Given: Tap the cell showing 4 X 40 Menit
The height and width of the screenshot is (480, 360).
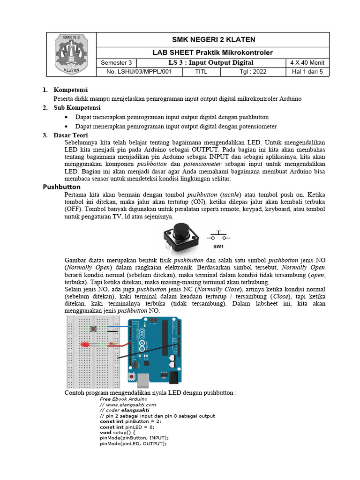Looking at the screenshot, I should point(307,63).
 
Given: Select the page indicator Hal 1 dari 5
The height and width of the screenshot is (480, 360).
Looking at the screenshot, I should point(307,72).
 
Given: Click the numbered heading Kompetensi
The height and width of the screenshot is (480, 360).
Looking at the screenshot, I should point(71,90).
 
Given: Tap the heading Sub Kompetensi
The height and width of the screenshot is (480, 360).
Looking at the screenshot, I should point(77,108).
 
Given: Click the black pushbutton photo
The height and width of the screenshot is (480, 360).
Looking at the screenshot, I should point(180,237).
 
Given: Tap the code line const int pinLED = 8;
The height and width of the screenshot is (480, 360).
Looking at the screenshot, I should point(127,427).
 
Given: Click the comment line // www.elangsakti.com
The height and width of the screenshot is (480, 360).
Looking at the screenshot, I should point(127,405).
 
